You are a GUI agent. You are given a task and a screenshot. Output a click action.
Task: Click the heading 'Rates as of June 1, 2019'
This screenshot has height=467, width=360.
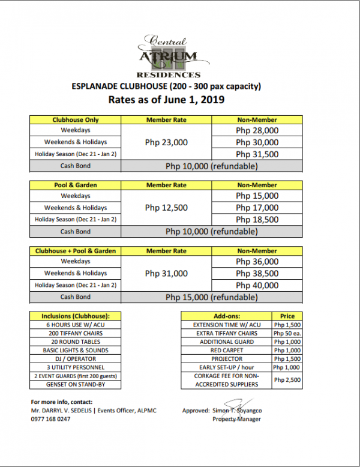pos(166,100)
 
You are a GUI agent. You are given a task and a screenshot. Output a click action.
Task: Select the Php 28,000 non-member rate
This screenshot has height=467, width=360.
pos(257,130)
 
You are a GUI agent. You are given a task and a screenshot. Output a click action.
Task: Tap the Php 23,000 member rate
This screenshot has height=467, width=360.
pos(166,142)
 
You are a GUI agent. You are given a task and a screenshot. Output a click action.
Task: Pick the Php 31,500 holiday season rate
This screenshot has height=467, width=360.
pos(257,154)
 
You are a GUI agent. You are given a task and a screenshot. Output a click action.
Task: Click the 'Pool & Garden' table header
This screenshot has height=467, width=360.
pos(76,185)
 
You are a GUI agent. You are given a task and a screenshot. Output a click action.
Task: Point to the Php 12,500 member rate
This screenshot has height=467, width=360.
pos(166,208)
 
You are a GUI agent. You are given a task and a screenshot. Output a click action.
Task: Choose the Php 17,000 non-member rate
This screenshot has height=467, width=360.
pos(257,208)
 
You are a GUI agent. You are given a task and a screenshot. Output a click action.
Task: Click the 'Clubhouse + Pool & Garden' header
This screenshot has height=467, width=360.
pos(76,250)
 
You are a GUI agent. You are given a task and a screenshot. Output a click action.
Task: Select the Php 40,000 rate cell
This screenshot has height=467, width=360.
pos(257,285)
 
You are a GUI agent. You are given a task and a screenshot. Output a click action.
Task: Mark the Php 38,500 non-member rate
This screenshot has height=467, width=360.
pos(257,273)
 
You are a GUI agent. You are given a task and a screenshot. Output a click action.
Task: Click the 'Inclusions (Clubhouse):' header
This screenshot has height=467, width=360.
pos(76,316)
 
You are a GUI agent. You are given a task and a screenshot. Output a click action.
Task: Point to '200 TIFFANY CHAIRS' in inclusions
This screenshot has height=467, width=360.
pos(76,333)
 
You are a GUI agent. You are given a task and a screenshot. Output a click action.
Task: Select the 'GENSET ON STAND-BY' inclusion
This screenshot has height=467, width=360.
pos(76,384)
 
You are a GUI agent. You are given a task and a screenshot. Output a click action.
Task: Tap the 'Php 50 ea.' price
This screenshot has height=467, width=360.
pos(286,333)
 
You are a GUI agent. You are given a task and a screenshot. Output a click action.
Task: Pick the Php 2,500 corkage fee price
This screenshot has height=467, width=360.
pos(286,380)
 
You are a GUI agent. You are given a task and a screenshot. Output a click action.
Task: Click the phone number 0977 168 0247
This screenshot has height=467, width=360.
pos(50,419)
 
